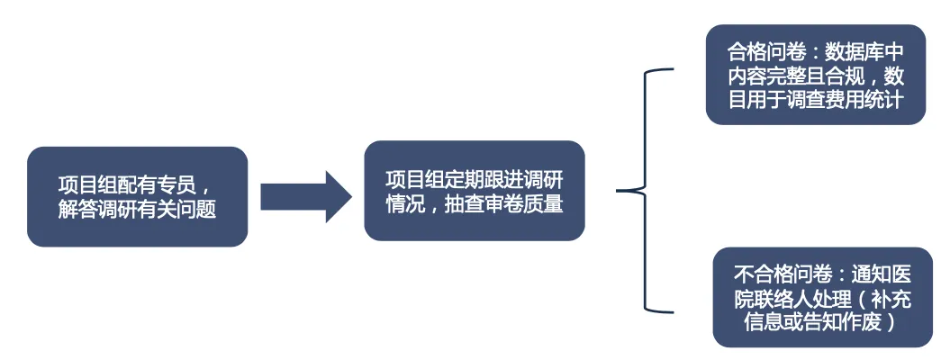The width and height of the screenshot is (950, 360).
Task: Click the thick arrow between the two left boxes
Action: point(306,196)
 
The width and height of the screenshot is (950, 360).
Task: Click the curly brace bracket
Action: point(645,191)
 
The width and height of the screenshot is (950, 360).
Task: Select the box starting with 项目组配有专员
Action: point(138,196)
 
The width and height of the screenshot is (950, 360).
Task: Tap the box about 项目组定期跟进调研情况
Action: point(475,191)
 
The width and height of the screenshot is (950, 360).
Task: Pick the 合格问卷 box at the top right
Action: point(816,75)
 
